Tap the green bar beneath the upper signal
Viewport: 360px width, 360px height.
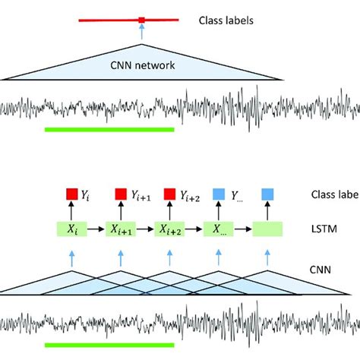pyautogui.click(x=109, y=129)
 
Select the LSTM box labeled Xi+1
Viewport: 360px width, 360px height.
pyautogui.click(x=121, y=228)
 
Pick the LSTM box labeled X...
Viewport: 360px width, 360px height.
pyautogui.click(x=217, y=228)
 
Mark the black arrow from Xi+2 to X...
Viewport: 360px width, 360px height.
pyautogui.click(x=194, y=228)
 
